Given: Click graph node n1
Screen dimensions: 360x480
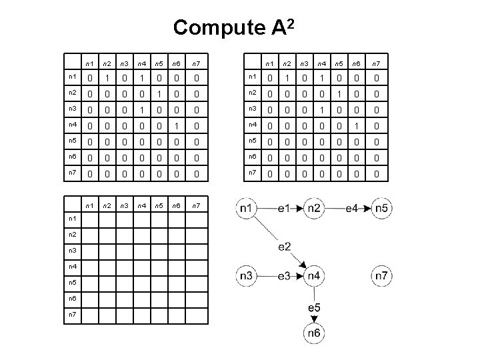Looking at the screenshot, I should pyautogui.click(x=246, y=208).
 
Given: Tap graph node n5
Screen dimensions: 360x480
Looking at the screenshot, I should pyautogui.click(x=382, y=208).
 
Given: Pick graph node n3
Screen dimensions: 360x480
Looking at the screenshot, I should pyautogui.click(x=246, y=275).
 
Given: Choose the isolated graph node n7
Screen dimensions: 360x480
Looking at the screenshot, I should pyautogui.click(x=382, y=275).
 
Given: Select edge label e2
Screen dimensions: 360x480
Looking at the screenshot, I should pyautogui.click(x=284, y=247).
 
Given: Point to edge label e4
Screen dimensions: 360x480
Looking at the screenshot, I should pyautogui.click(x=353, y=208).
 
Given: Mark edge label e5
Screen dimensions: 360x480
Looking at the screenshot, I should pyautogui.click(x=314, y=307).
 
